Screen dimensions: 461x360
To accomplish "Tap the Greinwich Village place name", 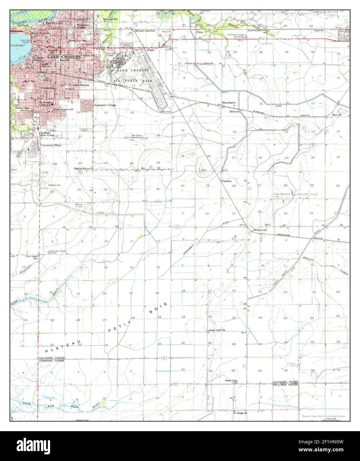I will pyautogui.click(x=105, y=105).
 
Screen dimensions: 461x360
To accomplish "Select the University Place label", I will pyautogui.click(x=51, y=145).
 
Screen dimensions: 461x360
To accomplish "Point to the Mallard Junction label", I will pyautogui.click(x=145, y=31).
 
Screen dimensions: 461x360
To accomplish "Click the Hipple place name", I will pyautogui.click(x=151, y=50).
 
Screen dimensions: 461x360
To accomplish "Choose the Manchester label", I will pyautogui.click(x=229, y=102).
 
